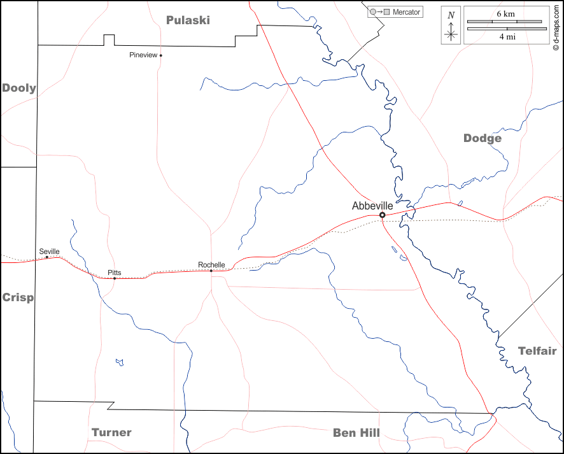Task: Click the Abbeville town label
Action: [x=372, y=206]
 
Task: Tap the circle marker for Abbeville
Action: [x=382, y=215]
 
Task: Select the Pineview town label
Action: [x=143, y=55]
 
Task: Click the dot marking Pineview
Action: [x=161, y=55]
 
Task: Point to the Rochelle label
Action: [x=211, y=265]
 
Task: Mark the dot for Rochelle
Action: [x=211, y=271]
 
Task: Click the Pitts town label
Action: [x=115, y=273]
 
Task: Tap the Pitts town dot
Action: [x=115, y=278]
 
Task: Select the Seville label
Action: [x=49, y=252]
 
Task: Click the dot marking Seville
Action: [x=47, y=257]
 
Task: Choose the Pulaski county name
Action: [x=188, y=20]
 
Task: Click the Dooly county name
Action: [x=19, y=88]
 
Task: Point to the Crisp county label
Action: [x=18, y=297]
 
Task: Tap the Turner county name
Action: [x=111, y=432]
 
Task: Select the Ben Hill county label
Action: [x=356, y=433]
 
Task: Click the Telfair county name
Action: [x=537, y=351]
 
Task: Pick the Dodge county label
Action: [x=483, y=138]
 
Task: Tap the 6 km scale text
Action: [x=505, y=13]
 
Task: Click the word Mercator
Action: [x=406, y=12]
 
